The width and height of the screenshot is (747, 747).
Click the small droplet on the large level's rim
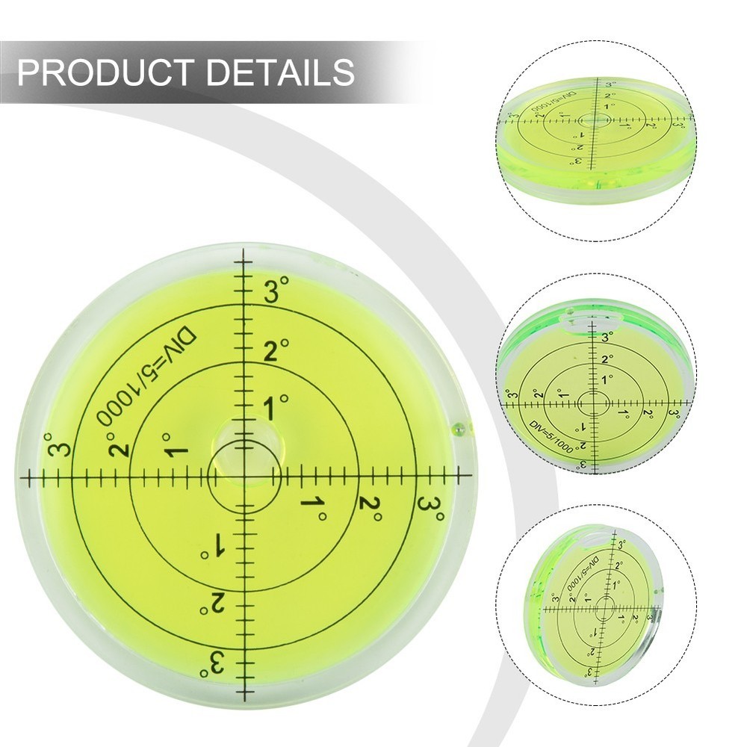pos(458,430)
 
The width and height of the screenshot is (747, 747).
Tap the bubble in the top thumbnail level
pos(595,120)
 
